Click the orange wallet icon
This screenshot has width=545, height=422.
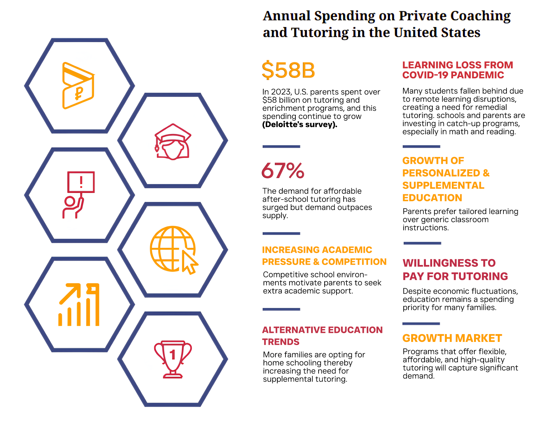78,85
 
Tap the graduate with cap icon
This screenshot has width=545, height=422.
173,142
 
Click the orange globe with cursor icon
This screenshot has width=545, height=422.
174,250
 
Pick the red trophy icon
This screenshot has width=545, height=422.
173,359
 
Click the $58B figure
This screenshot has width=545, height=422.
288,70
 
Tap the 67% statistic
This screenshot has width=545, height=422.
283,170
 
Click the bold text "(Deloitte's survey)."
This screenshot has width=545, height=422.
300,125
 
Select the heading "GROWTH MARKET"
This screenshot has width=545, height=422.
452,338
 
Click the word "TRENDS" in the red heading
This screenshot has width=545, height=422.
280,342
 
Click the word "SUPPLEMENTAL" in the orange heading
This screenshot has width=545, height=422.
443,186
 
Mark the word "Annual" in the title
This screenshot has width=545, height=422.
287,16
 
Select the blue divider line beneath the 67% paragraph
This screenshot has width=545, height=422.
281,233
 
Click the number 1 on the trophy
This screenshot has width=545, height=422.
172,355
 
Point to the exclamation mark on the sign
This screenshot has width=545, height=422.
81,181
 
